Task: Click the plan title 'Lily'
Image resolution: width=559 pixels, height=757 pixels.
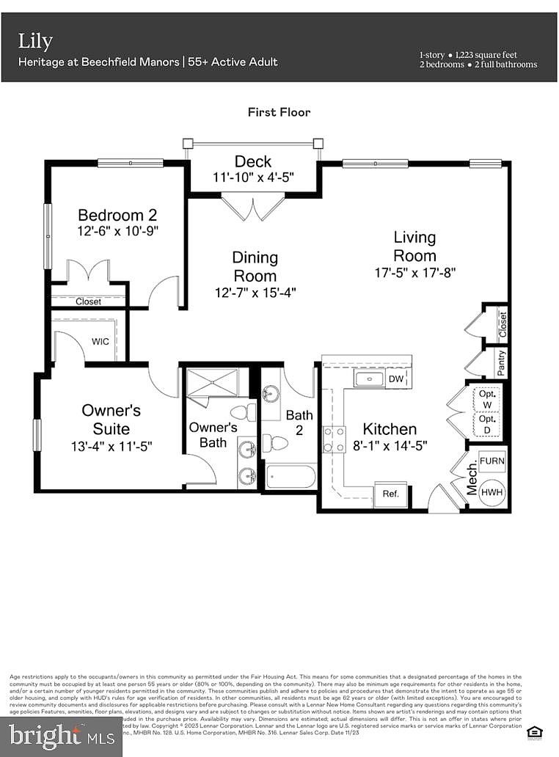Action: tap(35, 41)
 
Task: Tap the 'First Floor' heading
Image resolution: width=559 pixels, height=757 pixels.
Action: tap(279, 112)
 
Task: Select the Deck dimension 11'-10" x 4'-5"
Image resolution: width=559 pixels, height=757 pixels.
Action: tap(252, 178)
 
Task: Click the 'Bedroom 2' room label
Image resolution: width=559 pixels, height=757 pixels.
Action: tap(117, 215)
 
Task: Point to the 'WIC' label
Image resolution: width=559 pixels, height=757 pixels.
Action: tap(101, 341)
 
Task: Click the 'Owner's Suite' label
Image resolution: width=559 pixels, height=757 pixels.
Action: tap(111, 420)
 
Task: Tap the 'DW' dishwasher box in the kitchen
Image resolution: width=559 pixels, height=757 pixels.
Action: tap(395, 378)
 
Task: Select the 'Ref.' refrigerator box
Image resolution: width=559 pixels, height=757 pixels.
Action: tap(390, 494)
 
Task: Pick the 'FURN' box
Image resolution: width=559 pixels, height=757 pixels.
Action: tap(492, 460)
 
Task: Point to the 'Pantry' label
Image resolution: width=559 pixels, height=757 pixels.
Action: tap(501, 363)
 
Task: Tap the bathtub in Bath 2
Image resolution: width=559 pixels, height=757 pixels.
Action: tap(291, 477)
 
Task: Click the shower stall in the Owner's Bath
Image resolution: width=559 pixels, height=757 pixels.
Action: tap(212, 383)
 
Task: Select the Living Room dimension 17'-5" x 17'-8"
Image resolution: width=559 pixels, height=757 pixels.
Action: tap(414, 272)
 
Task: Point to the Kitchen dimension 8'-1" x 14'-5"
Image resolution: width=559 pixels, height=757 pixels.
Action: tap(390, 445)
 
